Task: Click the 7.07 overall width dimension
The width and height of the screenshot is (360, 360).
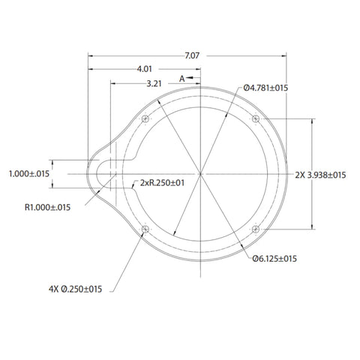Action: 192,55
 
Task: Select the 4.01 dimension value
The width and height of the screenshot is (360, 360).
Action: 144,69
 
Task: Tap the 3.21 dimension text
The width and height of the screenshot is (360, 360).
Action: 154,83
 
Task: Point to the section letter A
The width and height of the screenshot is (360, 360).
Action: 181,79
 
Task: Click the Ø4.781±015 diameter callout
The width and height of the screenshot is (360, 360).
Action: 265,88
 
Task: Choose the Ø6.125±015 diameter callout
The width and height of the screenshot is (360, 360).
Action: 274,259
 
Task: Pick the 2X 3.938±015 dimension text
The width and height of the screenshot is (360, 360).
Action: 320,175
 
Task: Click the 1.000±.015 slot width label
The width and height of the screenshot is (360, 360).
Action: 29,174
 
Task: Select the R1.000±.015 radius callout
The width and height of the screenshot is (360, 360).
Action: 47,207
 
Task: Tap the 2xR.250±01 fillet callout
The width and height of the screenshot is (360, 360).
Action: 162,183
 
